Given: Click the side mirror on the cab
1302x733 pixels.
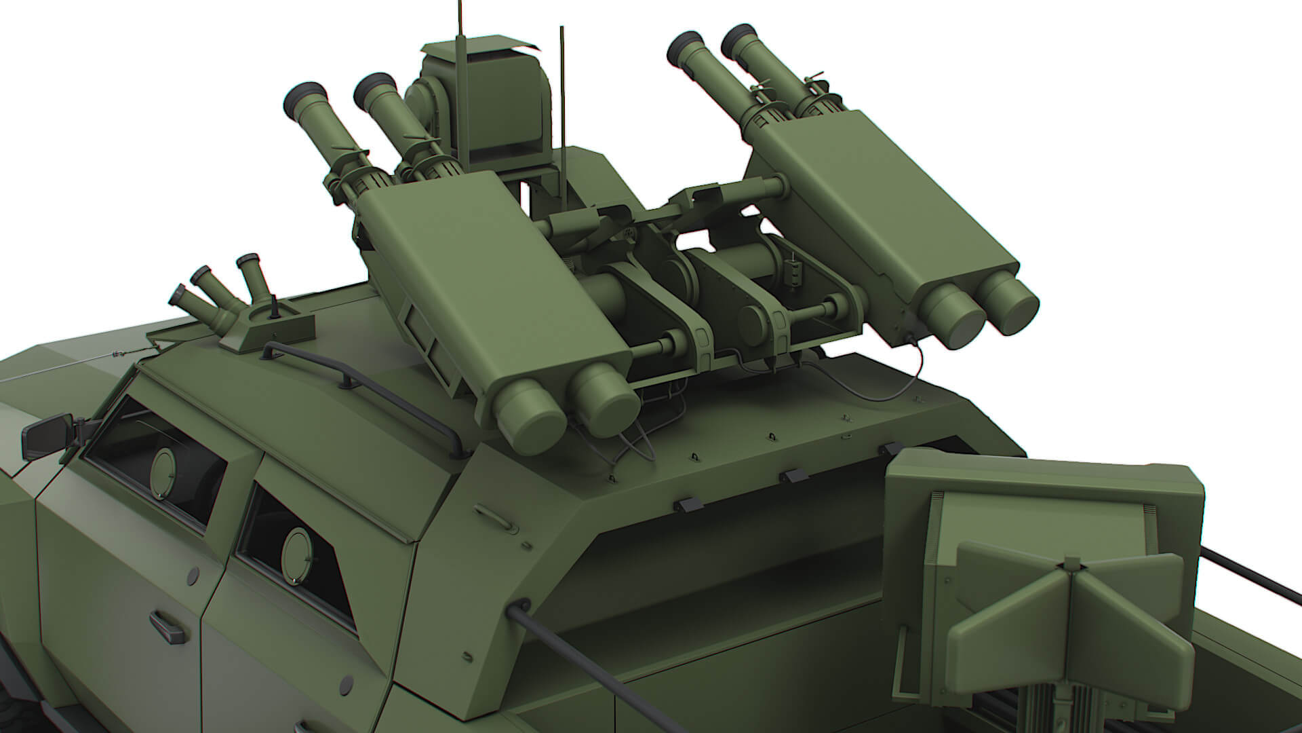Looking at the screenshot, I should point(41,436).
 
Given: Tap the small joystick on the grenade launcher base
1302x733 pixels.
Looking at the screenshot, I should point(275,311).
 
